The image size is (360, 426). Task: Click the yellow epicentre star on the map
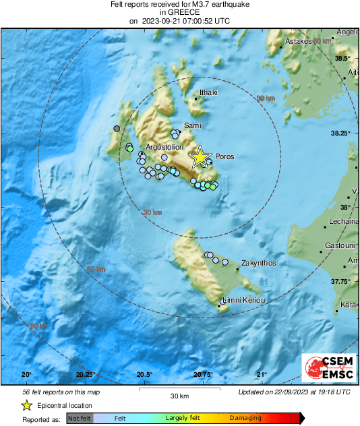tap(200, 157)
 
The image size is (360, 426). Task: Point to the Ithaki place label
tap(208, 93)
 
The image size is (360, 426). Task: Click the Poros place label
tap(224, 156)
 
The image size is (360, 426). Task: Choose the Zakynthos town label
tap(259, 263)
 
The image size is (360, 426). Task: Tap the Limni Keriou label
tap(244, 300)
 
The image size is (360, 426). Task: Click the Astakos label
tap(299, 41)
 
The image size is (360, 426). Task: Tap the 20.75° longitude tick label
tap(203, 375)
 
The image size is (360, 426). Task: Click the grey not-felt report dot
tap(117, 128)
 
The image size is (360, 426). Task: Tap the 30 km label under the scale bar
tap(179, 396)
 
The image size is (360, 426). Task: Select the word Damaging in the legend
tap(245, 418)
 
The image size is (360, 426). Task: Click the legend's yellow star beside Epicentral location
tap(27, 405)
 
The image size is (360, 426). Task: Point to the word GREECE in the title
tap(179, 12)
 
